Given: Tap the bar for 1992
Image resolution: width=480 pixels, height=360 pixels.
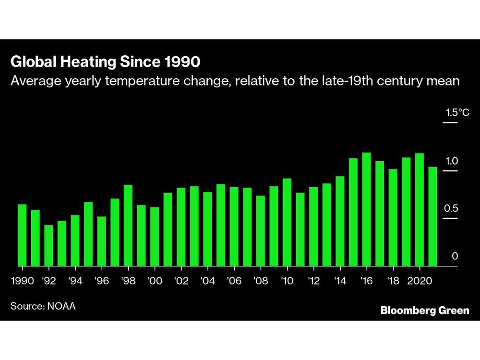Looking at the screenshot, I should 48,245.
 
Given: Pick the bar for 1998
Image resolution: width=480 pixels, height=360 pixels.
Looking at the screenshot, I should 128,225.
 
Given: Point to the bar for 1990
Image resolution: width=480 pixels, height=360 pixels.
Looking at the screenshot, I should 22,235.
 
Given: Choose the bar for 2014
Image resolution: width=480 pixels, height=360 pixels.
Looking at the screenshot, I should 340,221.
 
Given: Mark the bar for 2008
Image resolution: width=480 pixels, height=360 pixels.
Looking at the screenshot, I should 260,231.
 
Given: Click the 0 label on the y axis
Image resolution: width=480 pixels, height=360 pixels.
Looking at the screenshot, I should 455,256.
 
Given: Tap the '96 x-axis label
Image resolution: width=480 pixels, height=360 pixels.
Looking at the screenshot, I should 101,281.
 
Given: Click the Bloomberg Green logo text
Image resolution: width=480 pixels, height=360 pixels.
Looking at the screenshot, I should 424,311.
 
